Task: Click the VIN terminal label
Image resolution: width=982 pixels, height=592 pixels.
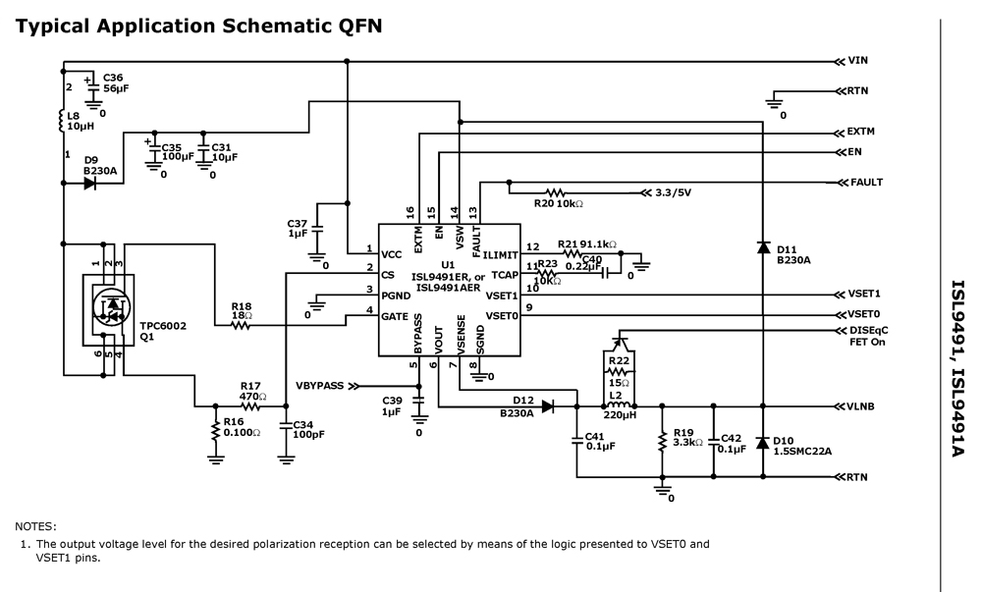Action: coord(857,61)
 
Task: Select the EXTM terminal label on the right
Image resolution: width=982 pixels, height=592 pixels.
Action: coord(861,132)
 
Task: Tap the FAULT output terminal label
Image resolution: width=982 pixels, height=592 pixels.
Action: coord(867,183)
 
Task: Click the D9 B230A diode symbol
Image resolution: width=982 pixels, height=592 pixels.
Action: coord(89,184)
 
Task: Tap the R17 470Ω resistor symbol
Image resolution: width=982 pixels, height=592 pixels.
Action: coord(250,405)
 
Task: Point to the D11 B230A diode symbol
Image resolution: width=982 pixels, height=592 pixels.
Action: coord(763,247)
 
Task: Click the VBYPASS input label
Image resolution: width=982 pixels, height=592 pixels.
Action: coord(320,386)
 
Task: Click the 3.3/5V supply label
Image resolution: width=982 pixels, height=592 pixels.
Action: coord(673,192)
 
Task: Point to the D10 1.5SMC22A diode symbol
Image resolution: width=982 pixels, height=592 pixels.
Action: coord(763,443)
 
